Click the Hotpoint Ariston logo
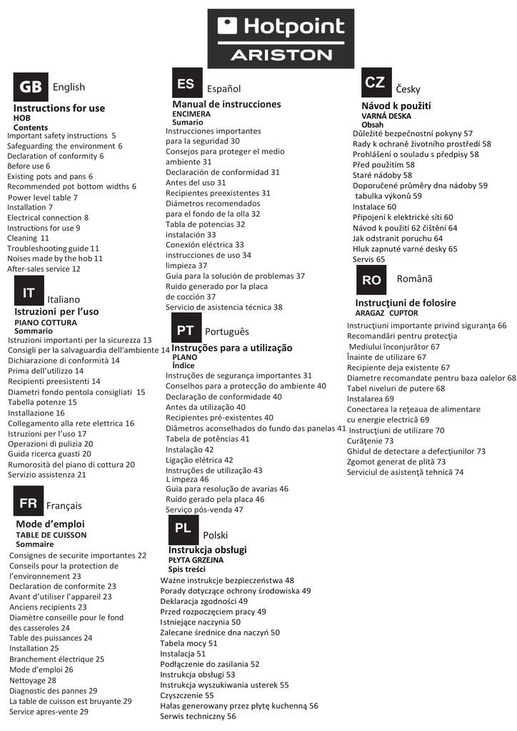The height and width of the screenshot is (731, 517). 281,39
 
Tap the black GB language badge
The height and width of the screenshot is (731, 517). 31,87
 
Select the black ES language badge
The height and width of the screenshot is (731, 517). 185,84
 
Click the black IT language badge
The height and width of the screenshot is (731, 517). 29,293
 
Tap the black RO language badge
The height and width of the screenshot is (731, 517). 371,280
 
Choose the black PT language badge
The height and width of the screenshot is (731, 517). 185,330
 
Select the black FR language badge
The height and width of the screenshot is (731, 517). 28,503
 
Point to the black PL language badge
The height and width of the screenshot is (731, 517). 183,529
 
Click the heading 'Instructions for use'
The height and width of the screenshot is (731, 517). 59,109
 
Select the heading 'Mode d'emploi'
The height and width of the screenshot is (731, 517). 50,524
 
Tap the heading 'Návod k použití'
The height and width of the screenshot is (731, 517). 396,106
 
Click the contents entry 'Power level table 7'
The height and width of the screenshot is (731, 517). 43,197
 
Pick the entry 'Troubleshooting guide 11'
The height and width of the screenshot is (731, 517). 53,248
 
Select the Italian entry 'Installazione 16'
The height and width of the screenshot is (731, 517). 36,413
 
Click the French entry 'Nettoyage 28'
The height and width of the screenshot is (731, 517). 33,680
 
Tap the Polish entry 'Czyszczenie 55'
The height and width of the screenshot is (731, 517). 186,695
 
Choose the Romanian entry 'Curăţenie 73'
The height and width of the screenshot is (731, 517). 370,440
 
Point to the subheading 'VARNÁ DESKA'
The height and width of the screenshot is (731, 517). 386,115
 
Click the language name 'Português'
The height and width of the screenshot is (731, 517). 227,332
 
